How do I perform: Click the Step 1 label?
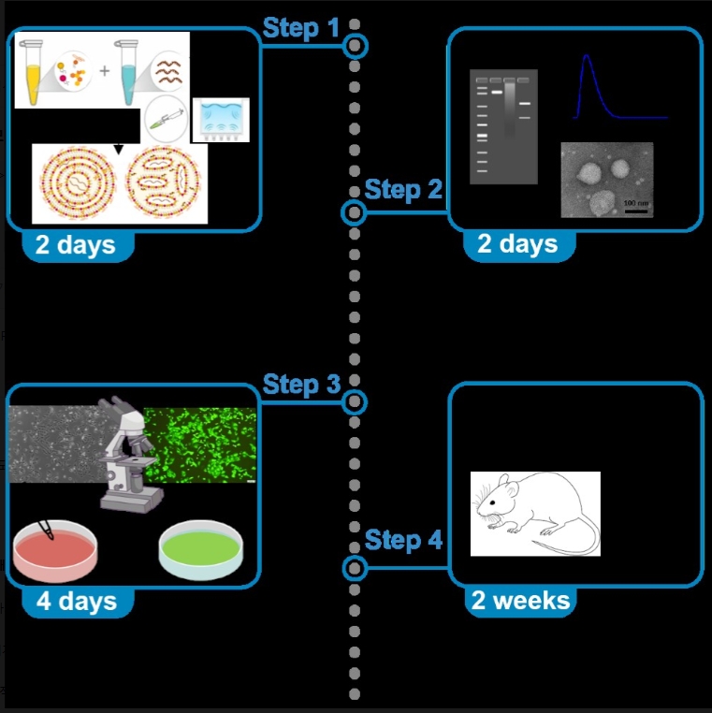(x=300, y=28)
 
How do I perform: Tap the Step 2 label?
(x=402, y=190)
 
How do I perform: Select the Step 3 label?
(x=300, y=385)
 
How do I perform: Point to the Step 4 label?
(x=402, y=540)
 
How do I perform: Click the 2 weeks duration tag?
(x=520, y=601)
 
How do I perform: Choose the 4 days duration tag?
(x=76, y=601)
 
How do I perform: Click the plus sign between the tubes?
(x=105, y=70)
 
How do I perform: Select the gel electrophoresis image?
(x=503, y=127)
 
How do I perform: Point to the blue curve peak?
(x=586, y=58)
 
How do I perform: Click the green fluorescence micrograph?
(x=200, y=444)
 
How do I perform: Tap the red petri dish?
(x=53, y=552)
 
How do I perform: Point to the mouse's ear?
(x=507, y=485)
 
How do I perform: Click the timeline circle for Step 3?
(x=354, y=402)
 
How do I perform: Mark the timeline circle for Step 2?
(x=353, y=212)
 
